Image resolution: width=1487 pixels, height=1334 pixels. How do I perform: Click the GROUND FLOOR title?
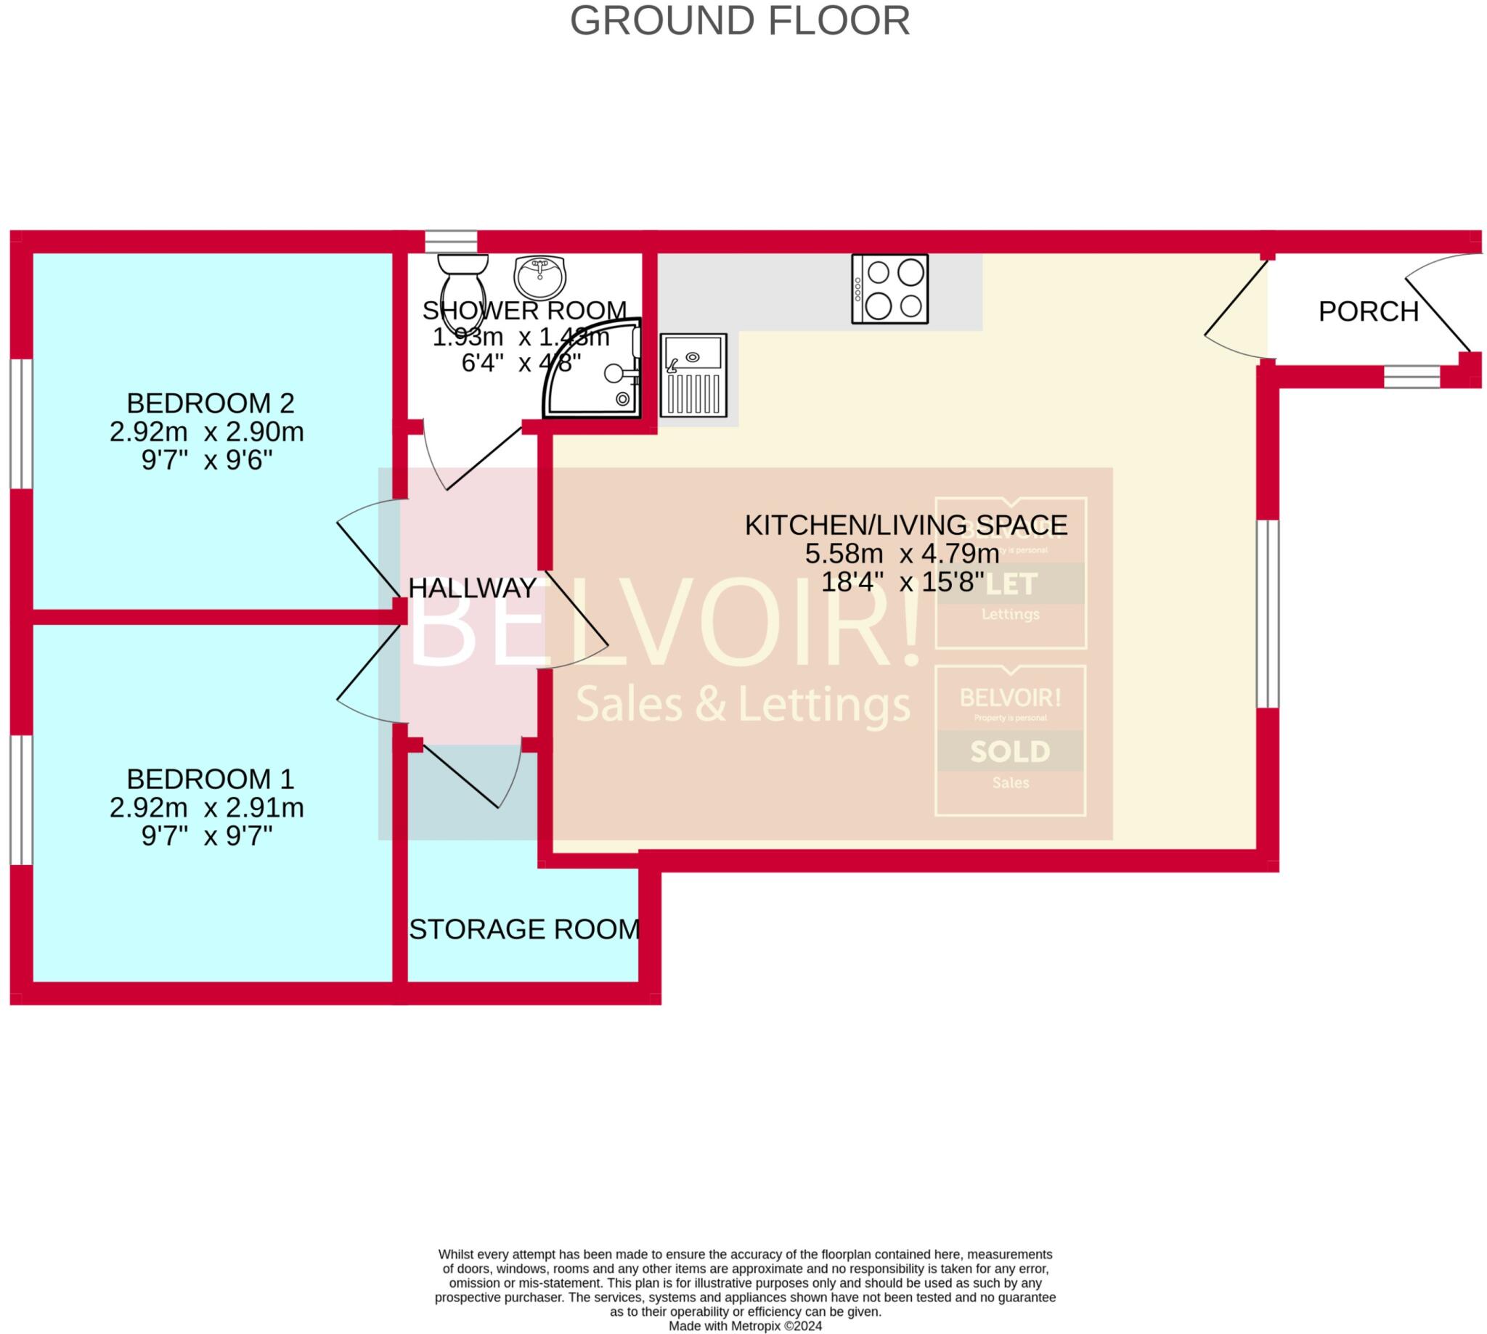point(740,20)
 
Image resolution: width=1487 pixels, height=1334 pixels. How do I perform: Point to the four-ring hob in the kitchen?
point(889,289)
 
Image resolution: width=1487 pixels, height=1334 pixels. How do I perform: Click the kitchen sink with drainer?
point(693,375)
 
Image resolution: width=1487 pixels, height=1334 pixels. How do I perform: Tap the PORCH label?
point(1368,312)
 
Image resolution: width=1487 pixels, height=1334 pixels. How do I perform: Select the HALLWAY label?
point(472,588)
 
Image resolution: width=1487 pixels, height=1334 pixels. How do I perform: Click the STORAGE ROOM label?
point(524,930)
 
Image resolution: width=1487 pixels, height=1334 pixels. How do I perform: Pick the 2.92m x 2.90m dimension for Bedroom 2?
point(207,433)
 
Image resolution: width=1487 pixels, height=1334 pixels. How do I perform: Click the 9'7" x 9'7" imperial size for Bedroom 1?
point(207,835)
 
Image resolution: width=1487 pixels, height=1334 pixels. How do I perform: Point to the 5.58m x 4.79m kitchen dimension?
point(902,554)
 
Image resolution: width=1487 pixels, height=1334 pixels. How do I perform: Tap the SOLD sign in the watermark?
point(1010,751)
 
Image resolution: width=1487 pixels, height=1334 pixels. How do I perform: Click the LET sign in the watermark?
point(1010,584)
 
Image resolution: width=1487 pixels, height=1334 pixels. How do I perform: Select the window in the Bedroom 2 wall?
point(21,424)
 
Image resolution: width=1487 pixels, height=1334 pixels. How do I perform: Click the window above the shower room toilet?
point(451,241)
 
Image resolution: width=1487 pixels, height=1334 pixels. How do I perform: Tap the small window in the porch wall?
point(1411,377)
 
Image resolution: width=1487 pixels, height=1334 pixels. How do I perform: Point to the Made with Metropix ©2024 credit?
point(744,1326)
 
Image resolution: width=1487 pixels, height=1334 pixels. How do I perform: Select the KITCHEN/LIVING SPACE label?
point(905,525)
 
